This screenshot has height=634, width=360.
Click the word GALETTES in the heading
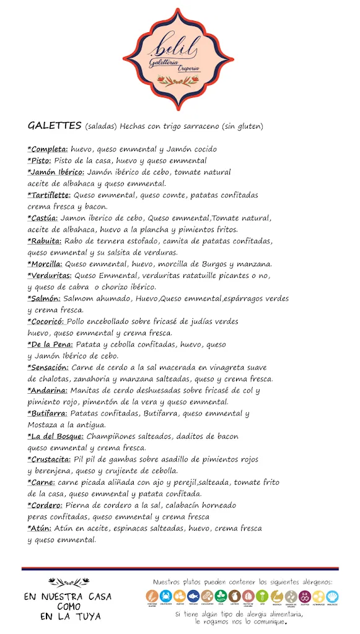tap(55, 126)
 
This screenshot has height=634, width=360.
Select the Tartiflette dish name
tap(50, 195)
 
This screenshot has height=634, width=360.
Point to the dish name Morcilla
tap(45, 264)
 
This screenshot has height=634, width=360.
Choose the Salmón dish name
tap(44, 298)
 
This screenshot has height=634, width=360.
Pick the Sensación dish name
tap(50, 367)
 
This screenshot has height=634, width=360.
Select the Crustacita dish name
tap(50, 459)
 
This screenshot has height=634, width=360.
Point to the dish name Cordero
tap(45, 505)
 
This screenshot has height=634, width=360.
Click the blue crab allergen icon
tap(168, 595)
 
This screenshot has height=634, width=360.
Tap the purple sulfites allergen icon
tap(305, 595)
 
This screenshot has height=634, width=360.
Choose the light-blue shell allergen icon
tap(333, 595)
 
